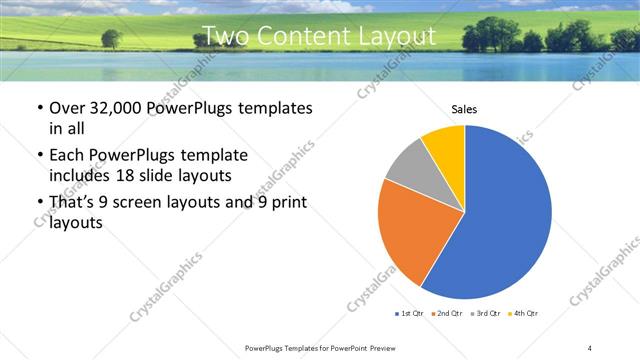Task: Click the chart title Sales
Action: click(464, 108)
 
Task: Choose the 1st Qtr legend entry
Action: click(410, 314)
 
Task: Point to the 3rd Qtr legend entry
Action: click(486, 314)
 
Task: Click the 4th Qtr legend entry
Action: click(523, 314)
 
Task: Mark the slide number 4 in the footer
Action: click(590, 347)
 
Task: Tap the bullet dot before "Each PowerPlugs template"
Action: click(39, 155)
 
